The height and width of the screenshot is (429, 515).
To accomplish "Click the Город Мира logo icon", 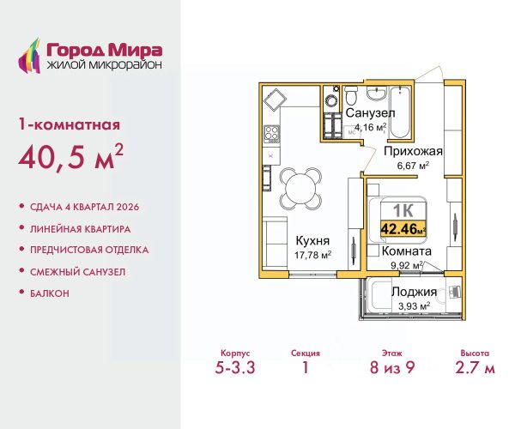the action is pyautogui.click(x=29, y=56).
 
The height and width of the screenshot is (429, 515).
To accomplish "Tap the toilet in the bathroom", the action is pyautogui.click(x=352, y=94).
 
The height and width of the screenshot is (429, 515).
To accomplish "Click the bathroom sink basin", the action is pyautogui.click(x=376, y=94).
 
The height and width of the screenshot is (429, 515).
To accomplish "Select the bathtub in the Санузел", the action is pyautogui.click(x=400, y=112).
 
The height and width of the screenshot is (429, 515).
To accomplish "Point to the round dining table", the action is pyautogui.click(x=300, y=188).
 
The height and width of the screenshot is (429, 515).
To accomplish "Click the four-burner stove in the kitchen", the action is pyautogui.click(x=272, y=135).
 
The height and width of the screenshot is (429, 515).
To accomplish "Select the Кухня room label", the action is pyautogui.click(x=312, y=240).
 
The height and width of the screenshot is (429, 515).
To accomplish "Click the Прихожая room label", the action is pyautogui.click(x=413, y=151).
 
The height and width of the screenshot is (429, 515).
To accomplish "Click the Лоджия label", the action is pyautogui.click(x=415, y=292).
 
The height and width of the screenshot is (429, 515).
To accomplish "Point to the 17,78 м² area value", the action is pyautogui.click(x=312, y=255).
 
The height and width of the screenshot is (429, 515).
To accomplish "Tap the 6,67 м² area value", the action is pyautogui.click(x=413, y=166).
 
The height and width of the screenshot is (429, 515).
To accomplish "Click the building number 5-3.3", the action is pyautogui.click(x=235, y=367).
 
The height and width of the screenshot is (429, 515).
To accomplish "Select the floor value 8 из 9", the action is pyautogui.click(x=392, y=367).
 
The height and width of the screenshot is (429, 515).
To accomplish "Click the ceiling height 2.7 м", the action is pyautogui.click(x=475, y=367).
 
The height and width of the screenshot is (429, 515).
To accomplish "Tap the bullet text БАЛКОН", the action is pyautogui.click(x=50, y=293).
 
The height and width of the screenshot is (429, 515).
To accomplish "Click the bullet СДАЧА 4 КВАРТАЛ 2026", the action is pyautogui.click(x=84, y=207).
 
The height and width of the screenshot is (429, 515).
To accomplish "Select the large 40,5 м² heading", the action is pyautogui.click(x=71, y=157).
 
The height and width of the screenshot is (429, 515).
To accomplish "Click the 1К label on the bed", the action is pyautogui.click(x=403, y=211).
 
